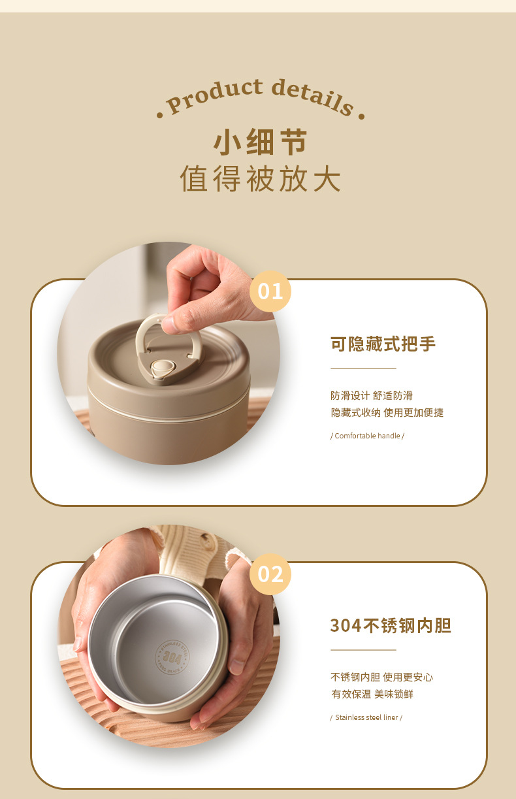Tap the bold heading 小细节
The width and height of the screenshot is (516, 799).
coord(260,142)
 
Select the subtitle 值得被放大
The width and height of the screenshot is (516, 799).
coord(260,179)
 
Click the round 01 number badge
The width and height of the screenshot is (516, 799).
coord(270,291)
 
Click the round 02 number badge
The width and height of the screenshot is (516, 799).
coord(270,574)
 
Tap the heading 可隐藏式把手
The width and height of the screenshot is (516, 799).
coord(383,344)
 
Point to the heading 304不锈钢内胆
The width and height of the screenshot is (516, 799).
coord(391,626)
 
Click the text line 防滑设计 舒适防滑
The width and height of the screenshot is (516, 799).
coord(371,395)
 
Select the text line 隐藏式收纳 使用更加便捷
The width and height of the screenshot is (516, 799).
coord(387,412)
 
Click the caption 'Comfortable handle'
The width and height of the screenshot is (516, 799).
coord(367,436)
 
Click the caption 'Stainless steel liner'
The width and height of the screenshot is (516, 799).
coord(366,717)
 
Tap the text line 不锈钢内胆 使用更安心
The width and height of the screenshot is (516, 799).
coord(381,677)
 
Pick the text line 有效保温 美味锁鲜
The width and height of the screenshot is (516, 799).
coord(372,694)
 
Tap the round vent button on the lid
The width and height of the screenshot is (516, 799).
coord(161,368)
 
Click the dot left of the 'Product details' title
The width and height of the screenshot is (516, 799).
coord(159,116)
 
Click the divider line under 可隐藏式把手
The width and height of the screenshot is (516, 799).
coord(363,368)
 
